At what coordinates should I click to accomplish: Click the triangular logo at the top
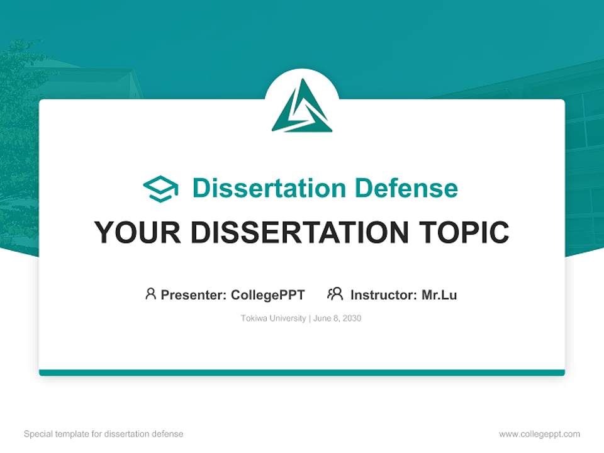tap(302, 107)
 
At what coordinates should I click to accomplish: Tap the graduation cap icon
tap(160, 189)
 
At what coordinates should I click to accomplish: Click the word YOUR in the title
tap(129, 233)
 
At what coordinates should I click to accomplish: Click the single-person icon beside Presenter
tap(150, 294)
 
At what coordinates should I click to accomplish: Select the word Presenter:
tap(193, 294)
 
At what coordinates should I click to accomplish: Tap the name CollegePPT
tap(268, 294)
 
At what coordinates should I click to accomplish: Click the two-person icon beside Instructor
tap(335, 294)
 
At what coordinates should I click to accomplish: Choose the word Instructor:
tap(384, 294)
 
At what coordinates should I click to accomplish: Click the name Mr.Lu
tap(439, 294)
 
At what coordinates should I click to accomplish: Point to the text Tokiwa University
tap(273, 318)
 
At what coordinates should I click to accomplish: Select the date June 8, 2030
tap(337, 318)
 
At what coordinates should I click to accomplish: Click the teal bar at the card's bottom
tap(302, 372)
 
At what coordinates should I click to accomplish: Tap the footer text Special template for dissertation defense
tap(104, 434)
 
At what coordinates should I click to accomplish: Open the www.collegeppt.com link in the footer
tap(539, 434)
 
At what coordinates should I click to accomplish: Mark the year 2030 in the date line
tap(352, 318)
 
